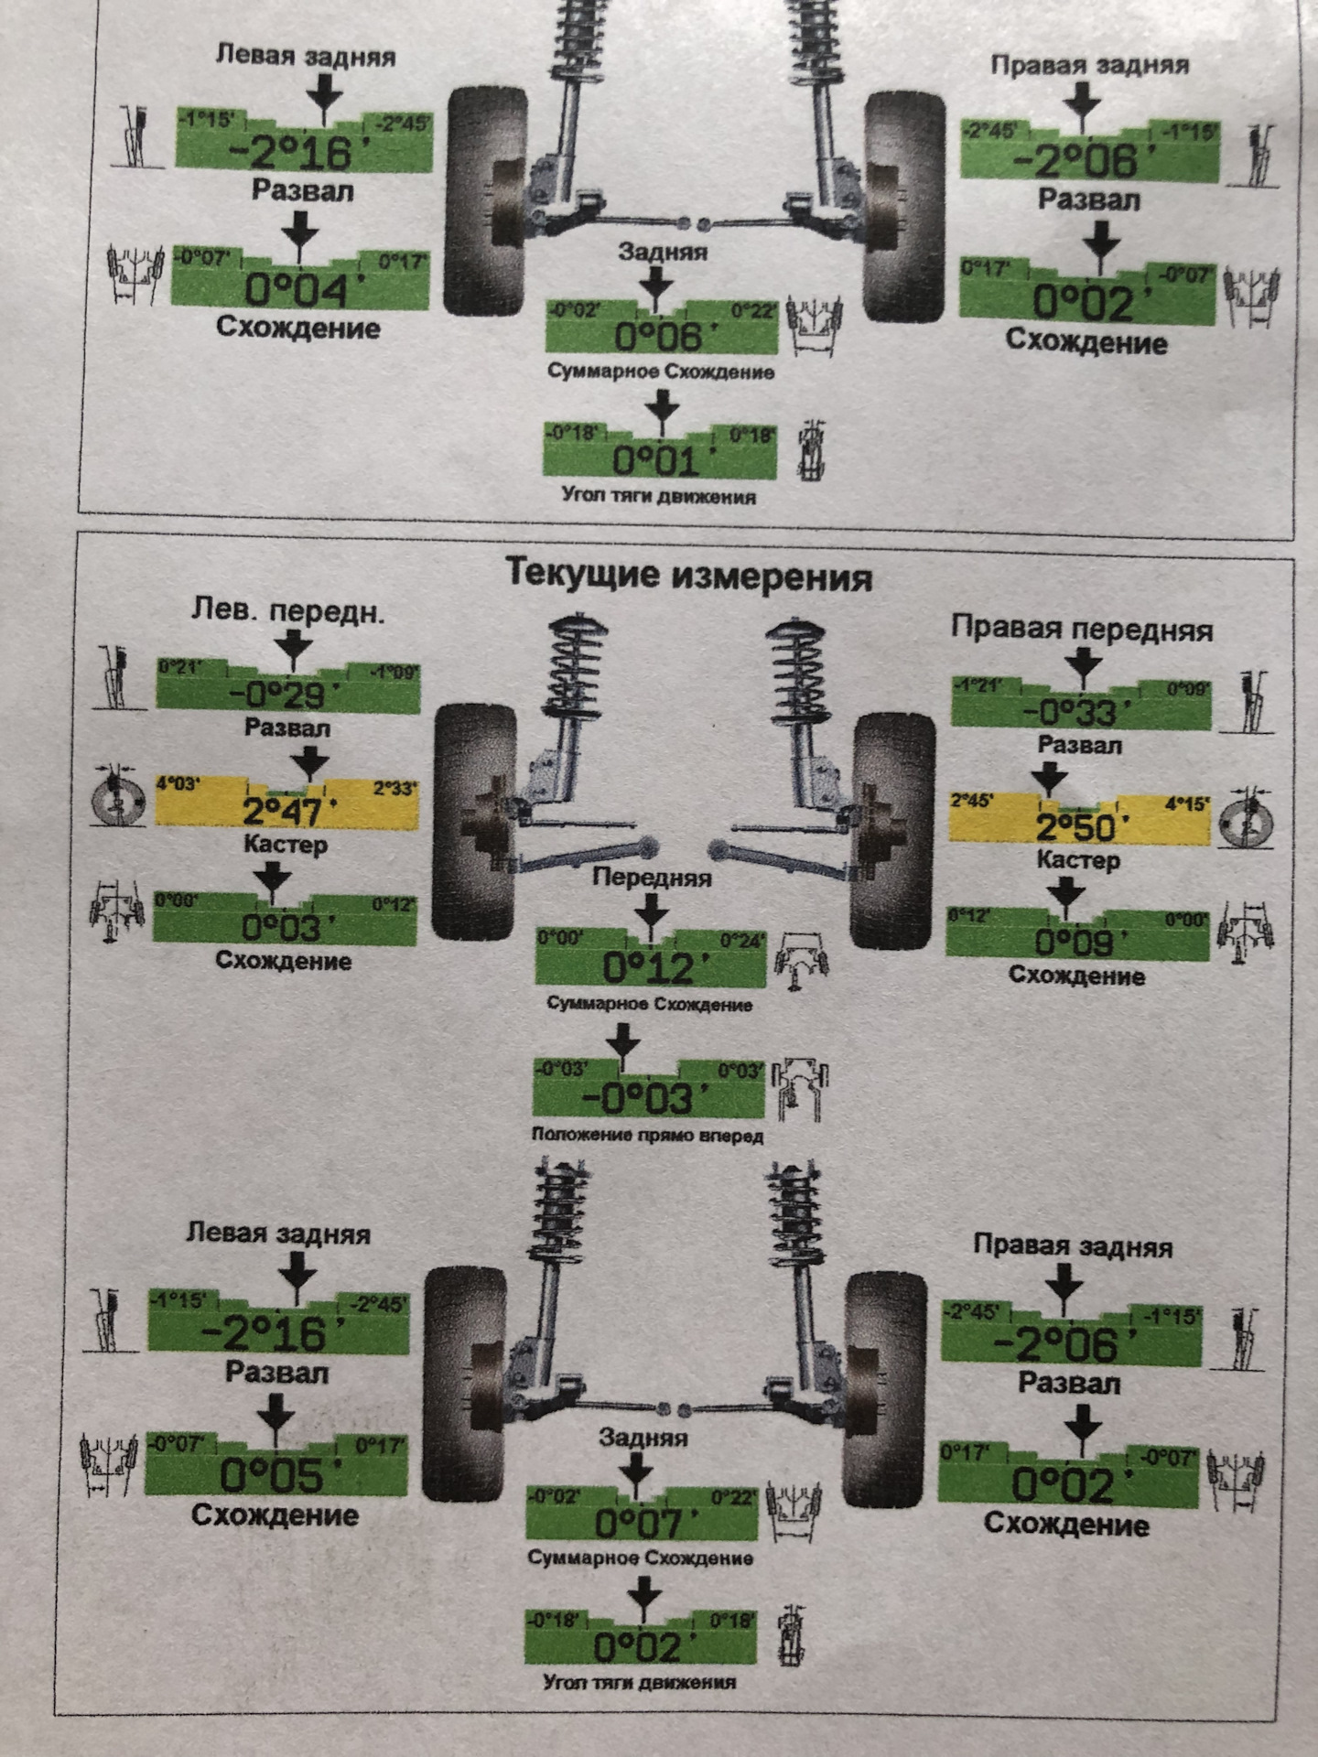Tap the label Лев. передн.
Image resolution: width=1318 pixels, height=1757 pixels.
point(287,610)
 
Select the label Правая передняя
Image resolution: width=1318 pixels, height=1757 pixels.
point(1082,629)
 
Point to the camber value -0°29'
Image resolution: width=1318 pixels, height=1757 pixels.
point(280,695)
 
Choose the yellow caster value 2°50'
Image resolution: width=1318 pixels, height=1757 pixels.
point(1080,828)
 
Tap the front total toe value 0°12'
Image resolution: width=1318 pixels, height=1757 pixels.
point(650,967)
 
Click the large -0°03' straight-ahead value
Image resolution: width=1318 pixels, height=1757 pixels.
point(645,1098)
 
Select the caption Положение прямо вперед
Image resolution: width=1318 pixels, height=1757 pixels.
point(647,1136)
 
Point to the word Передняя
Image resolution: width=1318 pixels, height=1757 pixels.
point(652,877)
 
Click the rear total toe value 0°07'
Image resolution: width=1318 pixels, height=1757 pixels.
point(639,1524)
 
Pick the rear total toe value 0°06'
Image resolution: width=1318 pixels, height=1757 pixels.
point(659,336)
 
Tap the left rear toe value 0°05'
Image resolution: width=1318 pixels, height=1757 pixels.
point(273,1475)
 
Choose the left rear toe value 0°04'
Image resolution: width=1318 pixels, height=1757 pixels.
point(297,290)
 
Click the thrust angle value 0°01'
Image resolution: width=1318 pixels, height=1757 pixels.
point(656,460)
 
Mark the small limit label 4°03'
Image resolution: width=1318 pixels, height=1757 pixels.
point(178,784)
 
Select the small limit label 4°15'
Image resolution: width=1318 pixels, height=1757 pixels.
point(1188,804)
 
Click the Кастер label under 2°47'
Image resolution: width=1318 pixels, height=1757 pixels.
point(286,845)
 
